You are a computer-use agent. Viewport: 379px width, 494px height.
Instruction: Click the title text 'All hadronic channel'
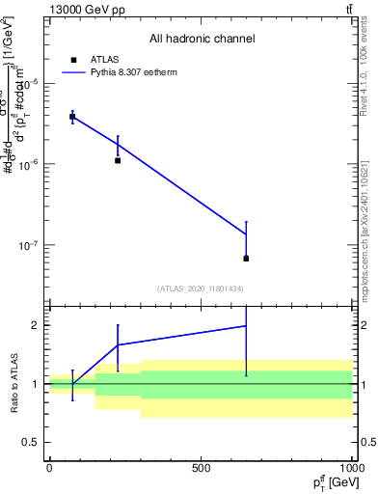[202, 39]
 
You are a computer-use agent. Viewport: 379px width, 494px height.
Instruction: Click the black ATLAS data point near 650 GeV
[246, 259]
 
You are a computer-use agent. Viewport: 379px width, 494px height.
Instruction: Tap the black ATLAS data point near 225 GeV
[118, 160]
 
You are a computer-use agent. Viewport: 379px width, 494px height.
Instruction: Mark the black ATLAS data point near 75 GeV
[72, 117]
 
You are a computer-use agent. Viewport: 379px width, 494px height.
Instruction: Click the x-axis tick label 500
[201, 468]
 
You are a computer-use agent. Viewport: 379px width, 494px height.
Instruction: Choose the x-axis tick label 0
[49, 468]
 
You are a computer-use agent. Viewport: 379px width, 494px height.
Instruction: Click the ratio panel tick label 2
[32, 325]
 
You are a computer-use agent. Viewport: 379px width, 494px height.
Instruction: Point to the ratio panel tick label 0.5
[28, 442]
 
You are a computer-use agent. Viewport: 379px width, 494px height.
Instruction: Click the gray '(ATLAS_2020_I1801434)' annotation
[201, 288]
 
